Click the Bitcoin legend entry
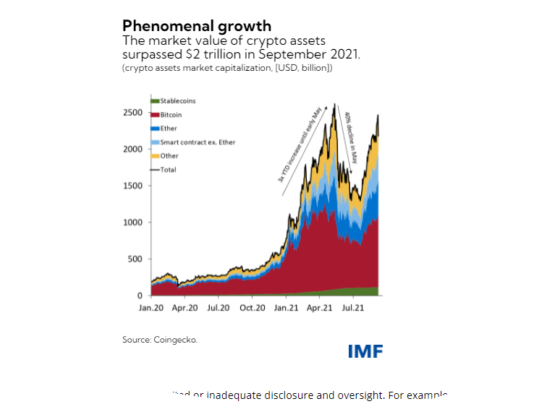tap(171, 115)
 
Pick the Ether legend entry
tap(169, 129)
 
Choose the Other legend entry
tap(169, 156)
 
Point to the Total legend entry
tap(168, 170)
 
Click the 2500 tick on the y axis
tap(132, 113)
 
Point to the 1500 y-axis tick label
tap(132, 186)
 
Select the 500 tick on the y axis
tap(135, 259)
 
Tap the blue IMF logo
tap(365, 351)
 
